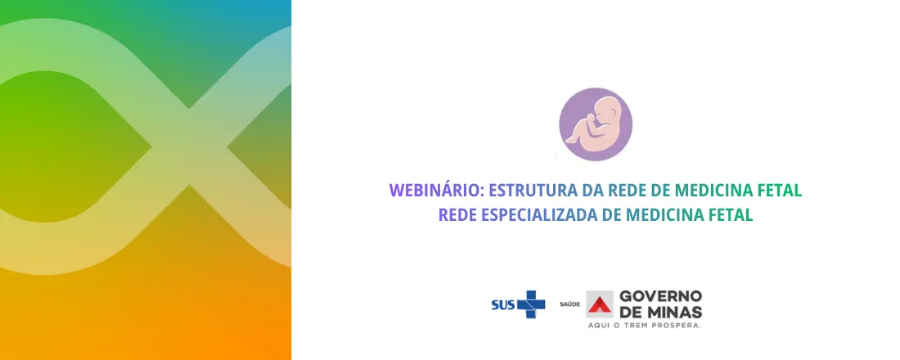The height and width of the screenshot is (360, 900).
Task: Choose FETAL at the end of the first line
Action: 779,191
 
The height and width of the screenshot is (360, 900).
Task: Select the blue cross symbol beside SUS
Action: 531,304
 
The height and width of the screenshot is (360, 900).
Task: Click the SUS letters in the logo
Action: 502,305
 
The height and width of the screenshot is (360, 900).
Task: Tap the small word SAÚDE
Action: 569,305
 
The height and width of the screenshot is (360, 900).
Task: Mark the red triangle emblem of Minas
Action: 600,304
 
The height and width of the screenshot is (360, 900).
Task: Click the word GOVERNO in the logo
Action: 660,296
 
